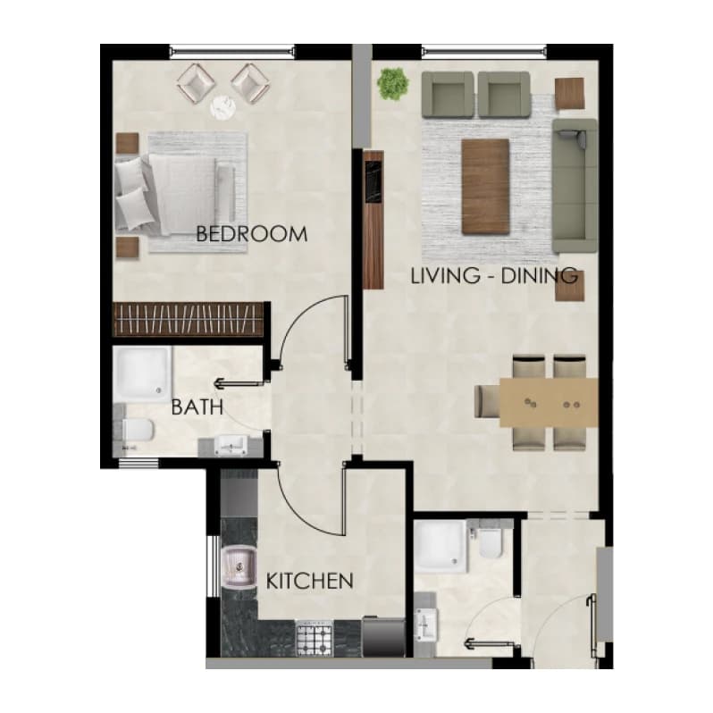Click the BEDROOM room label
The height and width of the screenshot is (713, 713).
click(x=251, y=234)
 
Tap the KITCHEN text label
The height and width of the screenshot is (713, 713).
click(x=309, y=581)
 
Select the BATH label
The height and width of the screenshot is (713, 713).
click(x=197, y=407)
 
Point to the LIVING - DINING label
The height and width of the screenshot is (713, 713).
click(x=494, y=276)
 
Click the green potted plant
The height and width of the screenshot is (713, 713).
click(x=393, y=84)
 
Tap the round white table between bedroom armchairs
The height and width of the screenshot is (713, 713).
click(x=223, y=107)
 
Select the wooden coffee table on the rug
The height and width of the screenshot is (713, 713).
click(x=485, y=187)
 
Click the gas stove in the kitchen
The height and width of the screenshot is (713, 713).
click(x=314, y=639)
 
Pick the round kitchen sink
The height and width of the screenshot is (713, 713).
click(x=239, y=566)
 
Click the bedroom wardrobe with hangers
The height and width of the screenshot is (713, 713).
click(x=188, y=319)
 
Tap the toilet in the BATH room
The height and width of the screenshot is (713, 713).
click(x=138, y=430)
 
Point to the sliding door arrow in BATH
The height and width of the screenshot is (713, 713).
click(x=239, y=384)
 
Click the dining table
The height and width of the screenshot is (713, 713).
click(x=549, y=402)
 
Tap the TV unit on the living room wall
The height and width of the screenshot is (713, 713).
click(x=373, y=220)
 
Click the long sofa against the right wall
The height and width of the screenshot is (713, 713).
click(x=575, y=186)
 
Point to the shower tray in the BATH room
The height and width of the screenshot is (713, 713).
click(x=142, y=373)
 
